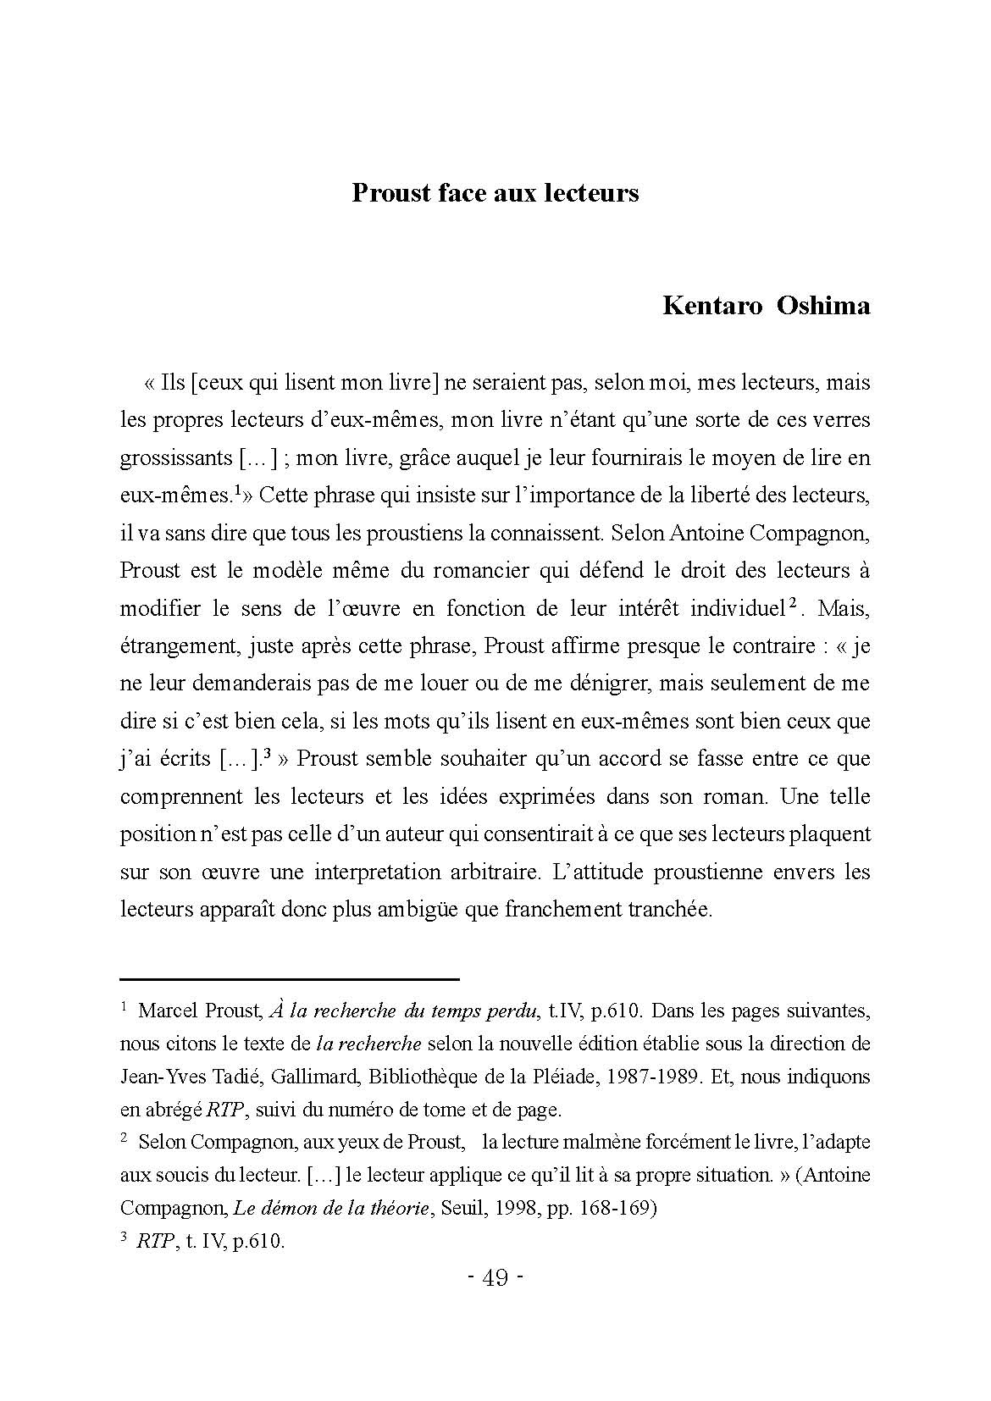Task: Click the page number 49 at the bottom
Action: [x=495, y=1277]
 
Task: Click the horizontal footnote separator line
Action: [x=290, y=979]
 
